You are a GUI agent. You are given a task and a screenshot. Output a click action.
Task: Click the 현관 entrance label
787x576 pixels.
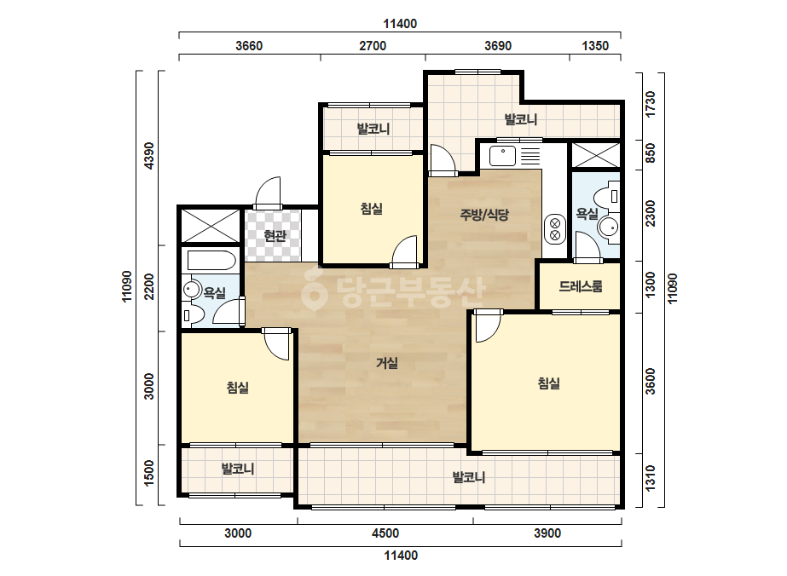(275, 235)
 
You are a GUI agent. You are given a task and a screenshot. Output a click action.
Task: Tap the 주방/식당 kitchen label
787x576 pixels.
(484, 215)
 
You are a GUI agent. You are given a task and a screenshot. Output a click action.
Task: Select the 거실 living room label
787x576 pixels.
(387, 363)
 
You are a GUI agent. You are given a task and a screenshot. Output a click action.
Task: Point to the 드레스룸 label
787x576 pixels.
(580, 286)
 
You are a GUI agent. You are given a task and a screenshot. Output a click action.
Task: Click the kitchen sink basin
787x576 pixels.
(502, 156)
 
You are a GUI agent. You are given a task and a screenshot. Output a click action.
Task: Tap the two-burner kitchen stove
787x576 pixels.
(554, 230)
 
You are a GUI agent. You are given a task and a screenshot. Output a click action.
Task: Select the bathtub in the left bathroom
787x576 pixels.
(211, 261)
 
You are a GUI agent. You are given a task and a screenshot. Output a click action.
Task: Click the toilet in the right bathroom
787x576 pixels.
(608, 196)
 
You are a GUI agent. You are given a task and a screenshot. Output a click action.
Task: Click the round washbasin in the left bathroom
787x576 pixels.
(191, 290)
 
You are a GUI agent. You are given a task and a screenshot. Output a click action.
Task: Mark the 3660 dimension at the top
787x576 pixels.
(249, 46)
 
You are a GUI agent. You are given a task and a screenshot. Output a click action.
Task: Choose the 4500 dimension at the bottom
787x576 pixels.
(385, 533)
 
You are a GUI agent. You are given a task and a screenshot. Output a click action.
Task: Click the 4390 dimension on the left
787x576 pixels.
(149, 156)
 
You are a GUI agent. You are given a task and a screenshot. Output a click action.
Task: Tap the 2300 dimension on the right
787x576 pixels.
(651, 213)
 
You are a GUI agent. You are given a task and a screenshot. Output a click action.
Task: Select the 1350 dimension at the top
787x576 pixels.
(595, 46)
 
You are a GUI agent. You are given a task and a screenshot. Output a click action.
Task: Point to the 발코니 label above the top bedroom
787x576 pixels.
(373, 129)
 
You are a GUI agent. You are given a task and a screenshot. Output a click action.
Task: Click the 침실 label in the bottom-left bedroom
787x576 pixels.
(237, 388)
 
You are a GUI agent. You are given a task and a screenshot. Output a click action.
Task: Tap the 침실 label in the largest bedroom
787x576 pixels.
(548, 383)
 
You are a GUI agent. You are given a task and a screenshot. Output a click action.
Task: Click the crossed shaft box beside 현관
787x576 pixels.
(210, 226)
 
